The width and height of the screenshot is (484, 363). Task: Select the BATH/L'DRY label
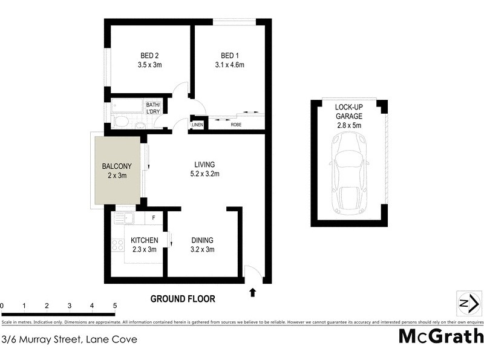pos(153,108)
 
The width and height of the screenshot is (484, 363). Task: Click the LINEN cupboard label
pos(198,125)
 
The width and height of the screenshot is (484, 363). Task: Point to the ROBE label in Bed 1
pos(232,125)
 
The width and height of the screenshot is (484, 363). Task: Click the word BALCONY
pos(117,166)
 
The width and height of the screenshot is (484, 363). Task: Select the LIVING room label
pos(204,165)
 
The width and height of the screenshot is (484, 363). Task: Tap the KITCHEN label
pos(145,240)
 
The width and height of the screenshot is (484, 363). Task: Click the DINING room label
pos(203,240)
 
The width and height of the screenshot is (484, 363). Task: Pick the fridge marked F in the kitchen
pos(154,217)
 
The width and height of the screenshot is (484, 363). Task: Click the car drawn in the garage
pos(348,175)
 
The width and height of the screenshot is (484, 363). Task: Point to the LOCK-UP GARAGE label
pos(348,111)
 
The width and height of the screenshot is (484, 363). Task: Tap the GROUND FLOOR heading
pos(183,299)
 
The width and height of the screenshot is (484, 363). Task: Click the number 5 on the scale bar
pos(114,306)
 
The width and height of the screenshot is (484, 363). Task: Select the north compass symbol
pos(465,303)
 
